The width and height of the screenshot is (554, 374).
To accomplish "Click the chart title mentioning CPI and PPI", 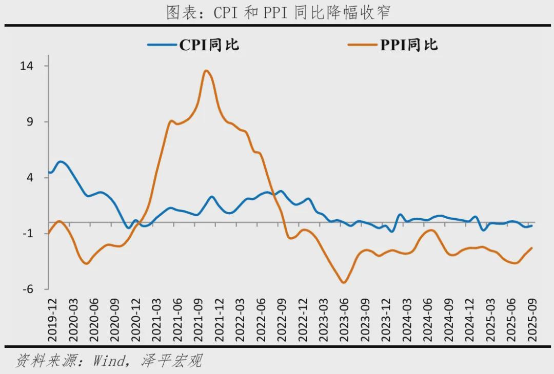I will [x=278, y=12].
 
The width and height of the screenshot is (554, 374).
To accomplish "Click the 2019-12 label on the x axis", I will [x=52, y=320].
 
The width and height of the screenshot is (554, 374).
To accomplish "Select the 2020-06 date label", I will [x=94, y=320].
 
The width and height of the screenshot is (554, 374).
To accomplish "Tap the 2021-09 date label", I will [x=199, y=320].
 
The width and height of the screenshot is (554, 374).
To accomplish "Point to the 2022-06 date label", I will [x=261, y=320].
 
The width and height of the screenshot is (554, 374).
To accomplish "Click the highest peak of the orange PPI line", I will [x=206, y=71].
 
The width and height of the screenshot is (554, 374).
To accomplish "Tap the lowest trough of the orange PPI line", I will [x=343, y=282].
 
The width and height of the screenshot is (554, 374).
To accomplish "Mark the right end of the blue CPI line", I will [x=532, y=225].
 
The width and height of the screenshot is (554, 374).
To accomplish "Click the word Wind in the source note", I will [x=108, y=361].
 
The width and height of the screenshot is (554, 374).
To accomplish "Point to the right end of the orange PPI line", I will [x=532, y=248].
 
